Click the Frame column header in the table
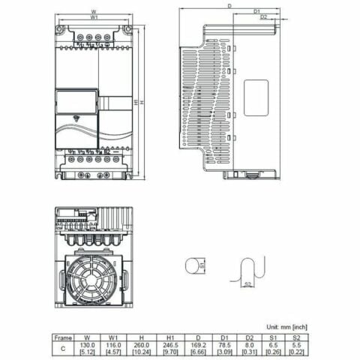63,337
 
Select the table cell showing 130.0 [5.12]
88,348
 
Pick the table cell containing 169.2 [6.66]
198,348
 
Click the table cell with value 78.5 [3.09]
226,348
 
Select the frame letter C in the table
63,348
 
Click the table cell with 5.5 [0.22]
298,348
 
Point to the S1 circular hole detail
194,265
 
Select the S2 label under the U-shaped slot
248,284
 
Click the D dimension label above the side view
229,5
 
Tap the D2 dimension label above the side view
264,16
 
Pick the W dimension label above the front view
93,11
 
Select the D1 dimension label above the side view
256,11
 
